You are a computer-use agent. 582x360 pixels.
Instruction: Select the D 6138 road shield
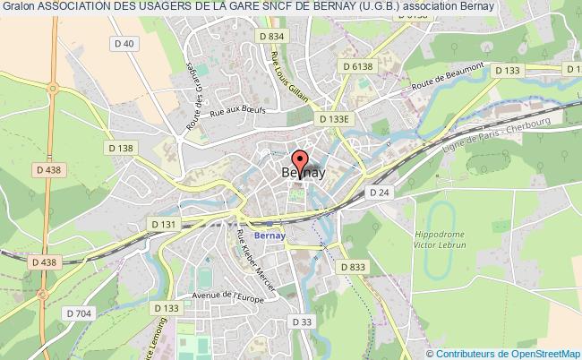point(355,66)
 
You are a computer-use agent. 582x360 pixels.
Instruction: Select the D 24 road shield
point(379,192)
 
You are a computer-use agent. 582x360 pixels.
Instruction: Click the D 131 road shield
point(165,224)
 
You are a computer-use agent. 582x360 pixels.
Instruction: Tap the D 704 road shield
point(81,314)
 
